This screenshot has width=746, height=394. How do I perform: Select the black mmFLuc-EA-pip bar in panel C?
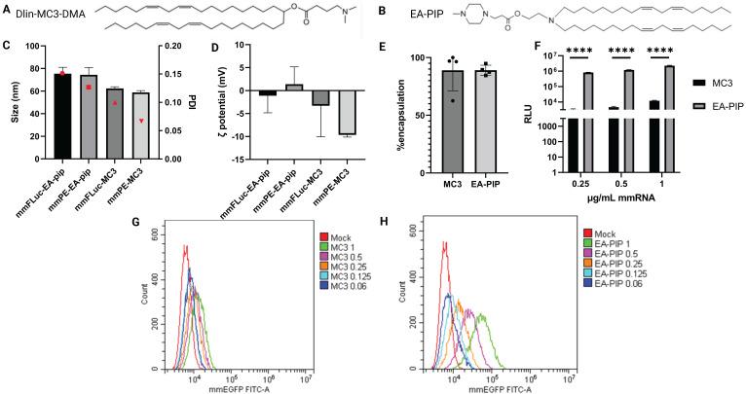click(62, 116)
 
